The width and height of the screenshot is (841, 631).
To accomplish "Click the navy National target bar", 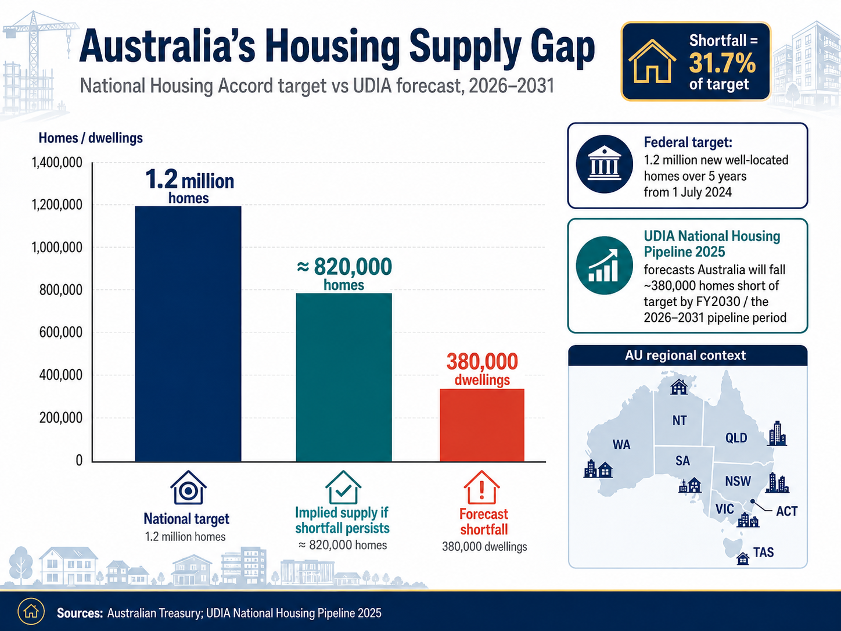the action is (188, 334).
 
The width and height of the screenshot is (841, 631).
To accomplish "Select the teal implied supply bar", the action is (344, 377).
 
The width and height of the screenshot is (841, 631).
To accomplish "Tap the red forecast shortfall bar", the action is (482, 425).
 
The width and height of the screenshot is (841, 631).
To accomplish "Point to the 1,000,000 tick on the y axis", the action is (57, 248).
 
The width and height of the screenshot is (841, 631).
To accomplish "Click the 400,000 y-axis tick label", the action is (60, 375).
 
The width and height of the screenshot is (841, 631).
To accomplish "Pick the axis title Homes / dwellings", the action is (91, 138).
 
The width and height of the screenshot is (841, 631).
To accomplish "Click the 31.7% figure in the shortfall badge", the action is (722, 63).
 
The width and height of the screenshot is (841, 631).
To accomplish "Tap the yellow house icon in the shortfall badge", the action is (652, 62).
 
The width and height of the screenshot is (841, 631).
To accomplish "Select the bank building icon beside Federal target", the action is (604, 164).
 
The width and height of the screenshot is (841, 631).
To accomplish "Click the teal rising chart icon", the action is (604, 266).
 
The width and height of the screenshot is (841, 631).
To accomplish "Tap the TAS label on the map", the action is (764, 552).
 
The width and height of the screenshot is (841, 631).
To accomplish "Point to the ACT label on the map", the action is (786, 511).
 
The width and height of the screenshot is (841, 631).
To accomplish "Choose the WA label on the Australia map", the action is (621, 444).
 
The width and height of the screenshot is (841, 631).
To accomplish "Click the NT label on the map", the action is (680, 421).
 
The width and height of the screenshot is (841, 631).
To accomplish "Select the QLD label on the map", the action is (736, 438).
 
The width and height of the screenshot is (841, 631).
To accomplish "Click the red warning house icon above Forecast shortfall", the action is (482, 487).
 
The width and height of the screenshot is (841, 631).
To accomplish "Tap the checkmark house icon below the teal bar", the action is (343, 487).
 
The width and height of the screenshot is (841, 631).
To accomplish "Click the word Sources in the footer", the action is (80, 613).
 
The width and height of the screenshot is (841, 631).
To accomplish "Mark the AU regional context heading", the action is (685, 355).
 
